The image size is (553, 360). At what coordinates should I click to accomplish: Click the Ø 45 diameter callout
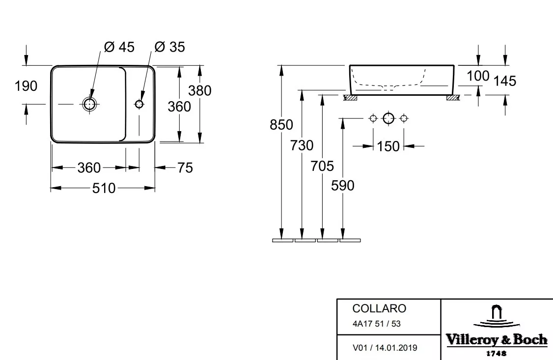click(x=119, y=47)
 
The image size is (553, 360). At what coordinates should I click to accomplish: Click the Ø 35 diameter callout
click(x=169, y=47)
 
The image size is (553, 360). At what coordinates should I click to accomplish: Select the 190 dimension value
click(x=26, y=86)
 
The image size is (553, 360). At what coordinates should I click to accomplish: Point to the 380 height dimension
click(x=199, y=91)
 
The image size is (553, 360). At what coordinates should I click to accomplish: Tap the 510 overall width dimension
click(x=104, y=188)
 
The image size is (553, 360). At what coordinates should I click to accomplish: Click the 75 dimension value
click(x=185, y=168)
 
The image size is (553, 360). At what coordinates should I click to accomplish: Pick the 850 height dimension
click(x=281, y=125)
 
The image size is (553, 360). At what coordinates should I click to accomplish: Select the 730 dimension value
click(x=302, y=145)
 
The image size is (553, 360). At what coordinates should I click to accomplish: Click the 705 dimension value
click(x=322, y=166)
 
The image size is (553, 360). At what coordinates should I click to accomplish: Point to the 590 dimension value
click(x=342, y=186)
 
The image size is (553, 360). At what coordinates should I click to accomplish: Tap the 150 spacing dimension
click(x=388, y=146)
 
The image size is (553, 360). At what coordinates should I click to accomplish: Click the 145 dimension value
click(x=505, y=81)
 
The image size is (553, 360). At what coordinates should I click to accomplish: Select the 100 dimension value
click(x=478, y=76)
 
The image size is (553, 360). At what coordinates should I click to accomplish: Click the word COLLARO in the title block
click(x=379, y=308)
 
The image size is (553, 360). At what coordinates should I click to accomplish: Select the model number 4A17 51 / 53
click(x=377, y=324)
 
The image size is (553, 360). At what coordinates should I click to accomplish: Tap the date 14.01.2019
click(x=396, y=348)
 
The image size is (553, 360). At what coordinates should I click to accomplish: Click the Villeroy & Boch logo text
click(x=497, y=340)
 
